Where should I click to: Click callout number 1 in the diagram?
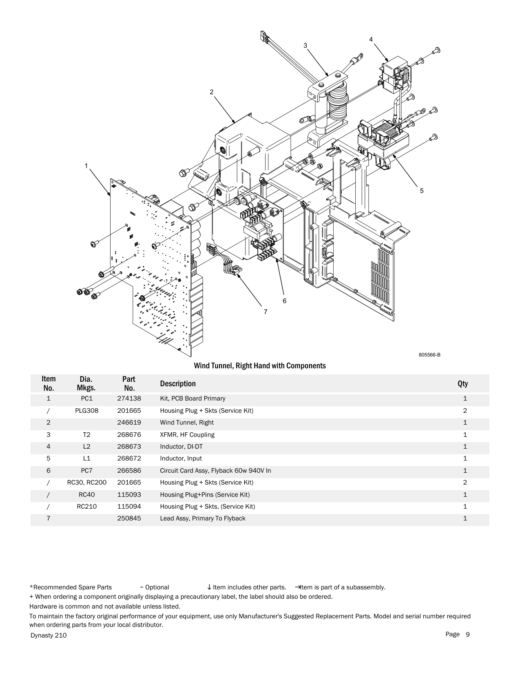pos(86,166)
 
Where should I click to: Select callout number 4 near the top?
pos(371,39)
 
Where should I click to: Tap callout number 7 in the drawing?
pos(266,312)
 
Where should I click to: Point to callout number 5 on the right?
pos(422,190)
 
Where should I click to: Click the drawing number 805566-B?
pos(429,355)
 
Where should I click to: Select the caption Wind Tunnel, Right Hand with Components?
pos(259,365)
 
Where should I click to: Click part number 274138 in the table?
pos(129,398)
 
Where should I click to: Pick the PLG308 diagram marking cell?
pos(86,410)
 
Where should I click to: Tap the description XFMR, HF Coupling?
pos(187,434)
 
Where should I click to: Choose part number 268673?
pos(129,447)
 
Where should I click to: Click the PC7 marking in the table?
pos(86,471)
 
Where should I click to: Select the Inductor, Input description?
pos(181,458)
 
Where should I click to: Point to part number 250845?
pos(129,518)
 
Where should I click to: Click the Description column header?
pos(177,383)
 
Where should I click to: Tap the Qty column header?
pos(462,383)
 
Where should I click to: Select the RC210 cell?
pos(86,507)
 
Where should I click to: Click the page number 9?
pos(468,634)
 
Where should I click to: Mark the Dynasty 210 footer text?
pos(49,635)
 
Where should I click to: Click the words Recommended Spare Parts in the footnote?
pos(72,587)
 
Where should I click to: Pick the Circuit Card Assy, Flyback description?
pos(215,471)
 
